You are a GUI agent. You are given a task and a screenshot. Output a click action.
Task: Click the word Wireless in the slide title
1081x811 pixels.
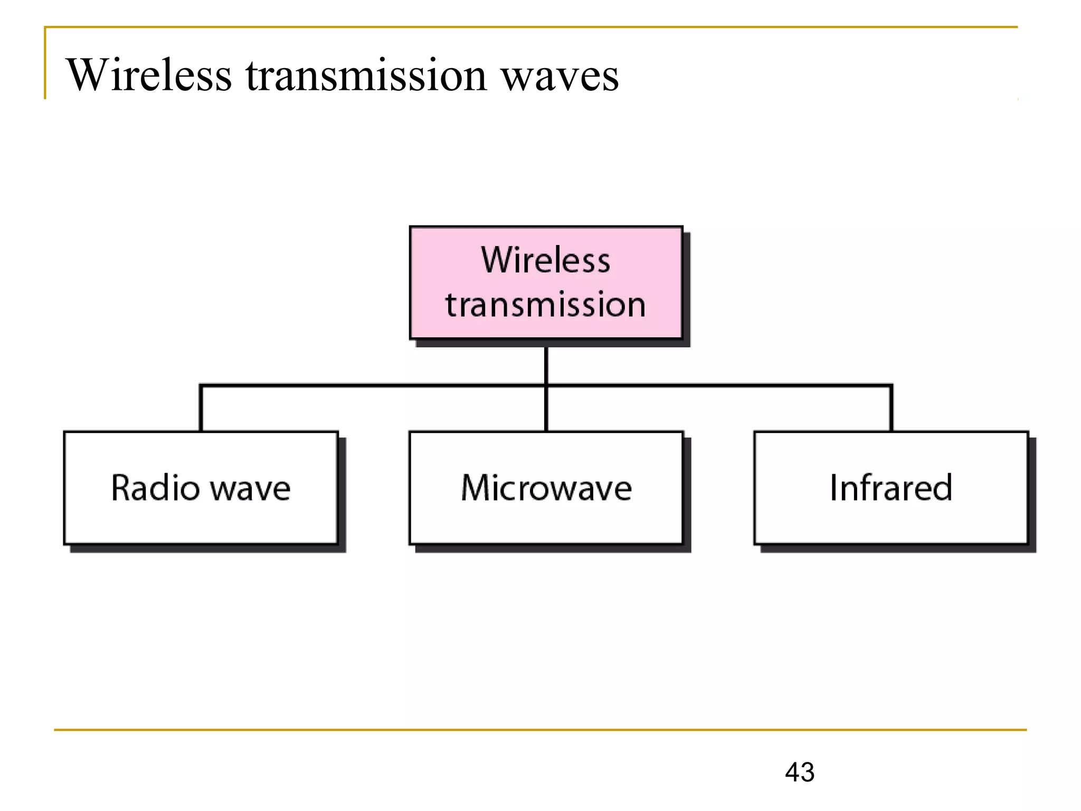click(149, 75)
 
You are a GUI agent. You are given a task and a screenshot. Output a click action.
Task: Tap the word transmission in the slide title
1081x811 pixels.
click(366, 75)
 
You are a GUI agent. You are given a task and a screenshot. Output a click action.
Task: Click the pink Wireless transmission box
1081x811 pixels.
click(546, 283)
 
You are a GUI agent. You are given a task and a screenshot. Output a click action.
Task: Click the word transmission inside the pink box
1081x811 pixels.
click(546, 305)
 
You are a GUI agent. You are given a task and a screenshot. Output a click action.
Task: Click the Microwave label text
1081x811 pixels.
click(546, 487)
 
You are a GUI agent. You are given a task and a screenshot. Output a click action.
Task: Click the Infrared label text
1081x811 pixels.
click(891, 487)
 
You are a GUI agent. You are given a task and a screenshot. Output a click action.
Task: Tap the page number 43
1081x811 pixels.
click(799, 772)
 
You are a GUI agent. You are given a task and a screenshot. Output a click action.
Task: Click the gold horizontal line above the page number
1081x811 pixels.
click(540, 730)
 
